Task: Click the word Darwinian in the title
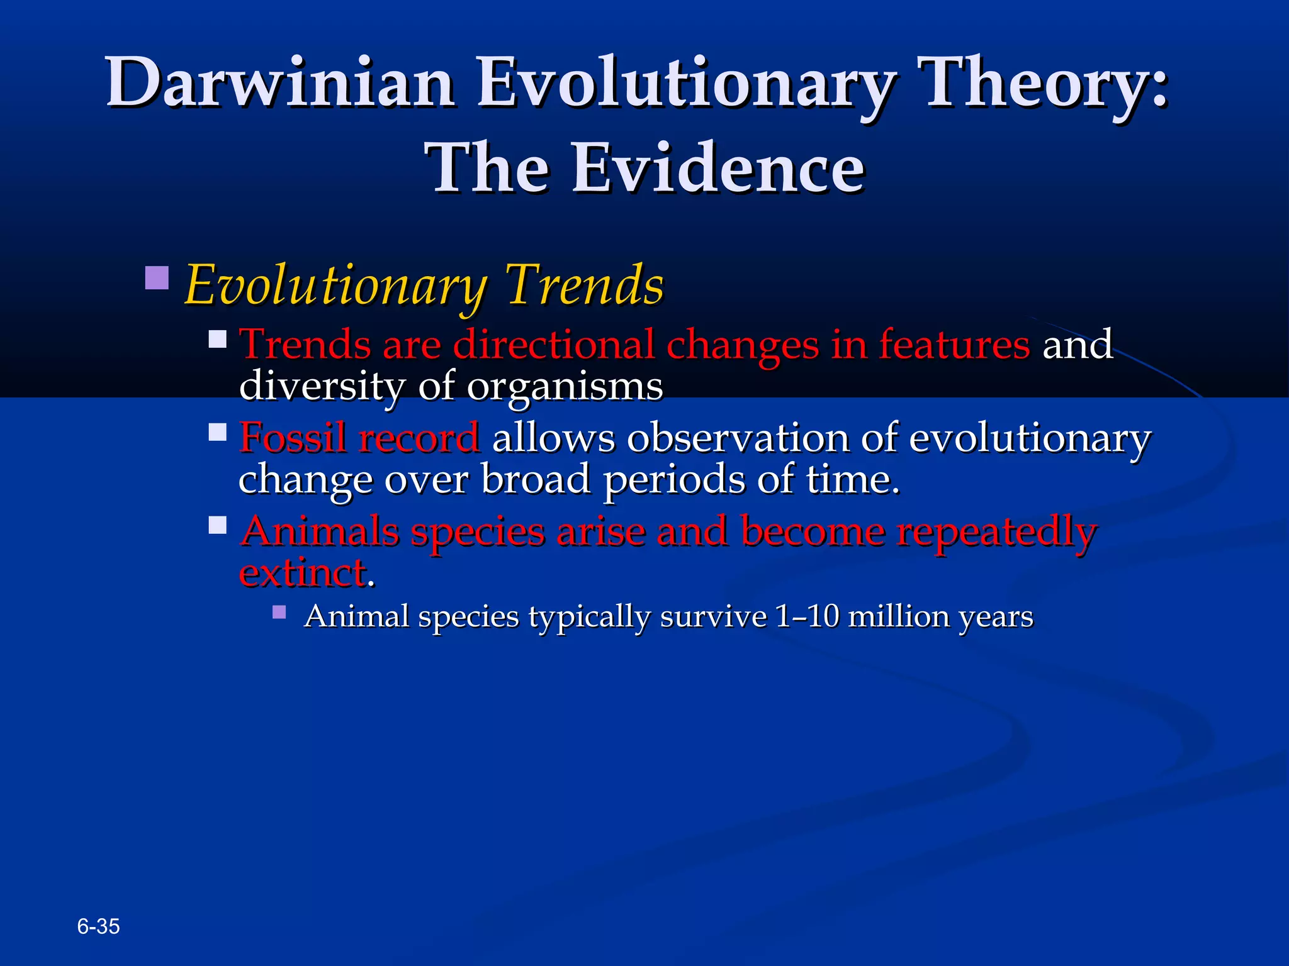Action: (x=280, y=83)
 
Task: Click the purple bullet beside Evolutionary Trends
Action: (x=157, y=278)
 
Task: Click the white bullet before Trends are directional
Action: (x=218, y=340)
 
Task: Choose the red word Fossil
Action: (x=293, y=438)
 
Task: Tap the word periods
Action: (x=673, y=480)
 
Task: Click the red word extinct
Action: (x=303, y=573)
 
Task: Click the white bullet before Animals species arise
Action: (x=218, y=525)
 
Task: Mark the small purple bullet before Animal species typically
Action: (x=279, y=612)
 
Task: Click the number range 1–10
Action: (x=807, y=616)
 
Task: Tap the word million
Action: (x=899, y=616)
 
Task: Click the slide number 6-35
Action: (x=98, y=926)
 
